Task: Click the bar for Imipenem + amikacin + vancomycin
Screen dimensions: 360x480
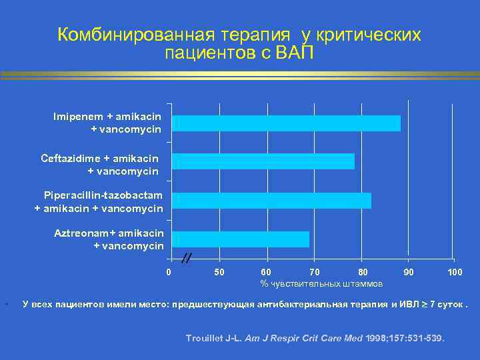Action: (x=286, y=123)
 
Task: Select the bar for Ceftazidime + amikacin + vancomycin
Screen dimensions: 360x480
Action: (x=263, y=162)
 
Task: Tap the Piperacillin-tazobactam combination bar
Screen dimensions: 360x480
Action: (x=271, y=201)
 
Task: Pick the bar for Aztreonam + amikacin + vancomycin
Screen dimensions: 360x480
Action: (x=241, y=239)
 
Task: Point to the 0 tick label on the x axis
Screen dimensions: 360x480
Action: (x=169, y=272)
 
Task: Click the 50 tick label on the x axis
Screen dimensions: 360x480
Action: (x=219, y=272)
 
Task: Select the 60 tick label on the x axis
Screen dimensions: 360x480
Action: (x=267, y=272)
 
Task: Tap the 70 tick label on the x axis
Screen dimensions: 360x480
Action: (x=315, y=272)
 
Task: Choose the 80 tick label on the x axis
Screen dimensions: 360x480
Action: (x=363, y=272)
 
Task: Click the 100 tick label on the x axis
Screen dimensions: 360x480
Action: (x=455, y=272)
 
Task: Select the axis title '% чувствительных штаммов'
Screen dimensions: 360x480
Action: (x=321, y=284)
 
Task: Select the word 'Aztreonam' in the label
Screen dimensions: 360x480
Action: (x=80, y=233)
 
